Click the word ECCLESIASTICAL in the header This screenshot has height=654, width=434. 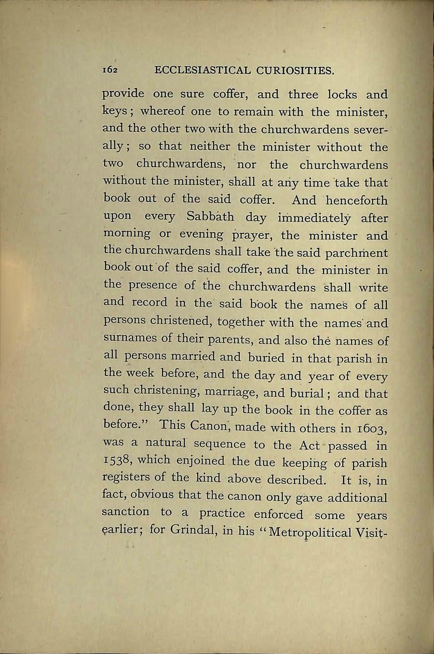click(x=203, y=71)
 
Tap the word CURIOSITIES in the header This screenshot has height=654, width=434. click(x=295, y=71)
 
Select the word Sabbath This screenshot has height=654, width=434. click(x=210, y=216)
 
